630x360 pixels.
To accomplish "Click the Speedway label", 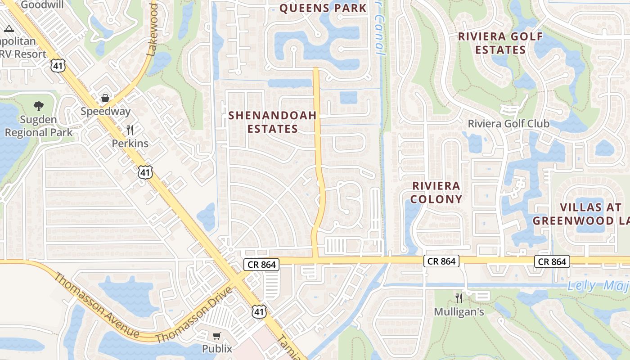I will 105,111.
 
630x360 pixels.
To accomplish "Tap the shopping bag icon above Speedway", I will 105,98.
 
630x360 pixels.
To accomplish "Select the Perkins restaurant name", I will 130,144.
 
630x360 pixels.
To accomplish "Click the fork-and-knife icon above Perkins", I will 130,130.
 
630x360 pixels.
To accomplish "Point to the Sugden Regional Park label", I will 38,126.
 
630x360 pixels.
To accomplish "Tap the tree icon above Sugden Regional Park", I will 39,107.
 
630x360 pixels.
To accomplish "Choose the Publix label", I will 217,348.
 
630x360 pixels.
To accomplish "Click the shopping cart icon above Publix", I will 217,336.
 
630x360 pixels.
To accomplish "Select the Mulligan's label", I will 459,311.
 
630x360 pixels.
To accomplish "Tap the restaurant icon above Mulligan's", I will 459,298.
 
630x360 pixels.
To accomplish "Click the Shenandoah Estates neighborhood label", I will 272,122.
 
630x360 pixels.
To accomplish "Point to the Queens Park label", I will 323,8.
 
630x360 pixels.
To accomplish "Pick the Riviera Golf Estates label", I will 500,43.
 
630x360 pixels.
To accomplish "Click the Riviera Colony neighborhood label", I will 437,192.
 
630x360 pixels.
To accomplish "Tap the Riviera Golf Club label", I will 508,124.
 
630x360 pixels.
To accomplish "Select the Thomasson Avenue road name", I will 96,306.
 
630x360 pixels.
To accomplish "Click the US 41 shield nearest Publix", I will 260,311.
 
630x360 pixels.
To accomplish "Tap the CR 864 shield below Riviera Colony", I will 441,261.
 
